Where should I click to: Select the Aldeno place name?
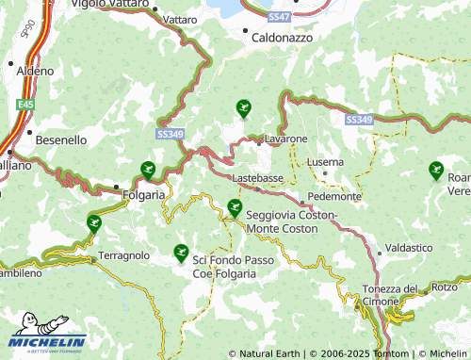pos(35,71)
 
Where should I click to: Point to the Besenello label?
pos(61,139)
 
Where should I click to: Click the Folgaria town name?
pos(144,195)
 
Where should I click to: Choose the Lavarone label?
pos(285,139)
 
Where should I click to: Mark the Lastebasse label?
pos(257,177)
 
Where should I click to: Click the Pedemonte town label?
pos(335,197)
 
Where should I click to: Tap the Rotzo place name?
pos(445,286)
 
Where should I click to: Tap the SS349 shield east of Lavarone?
pos(359,120)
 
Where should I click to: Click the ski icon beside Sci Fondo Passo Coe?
pos(181,253)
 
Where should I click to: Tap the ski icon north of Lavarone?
pos(244,109)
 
